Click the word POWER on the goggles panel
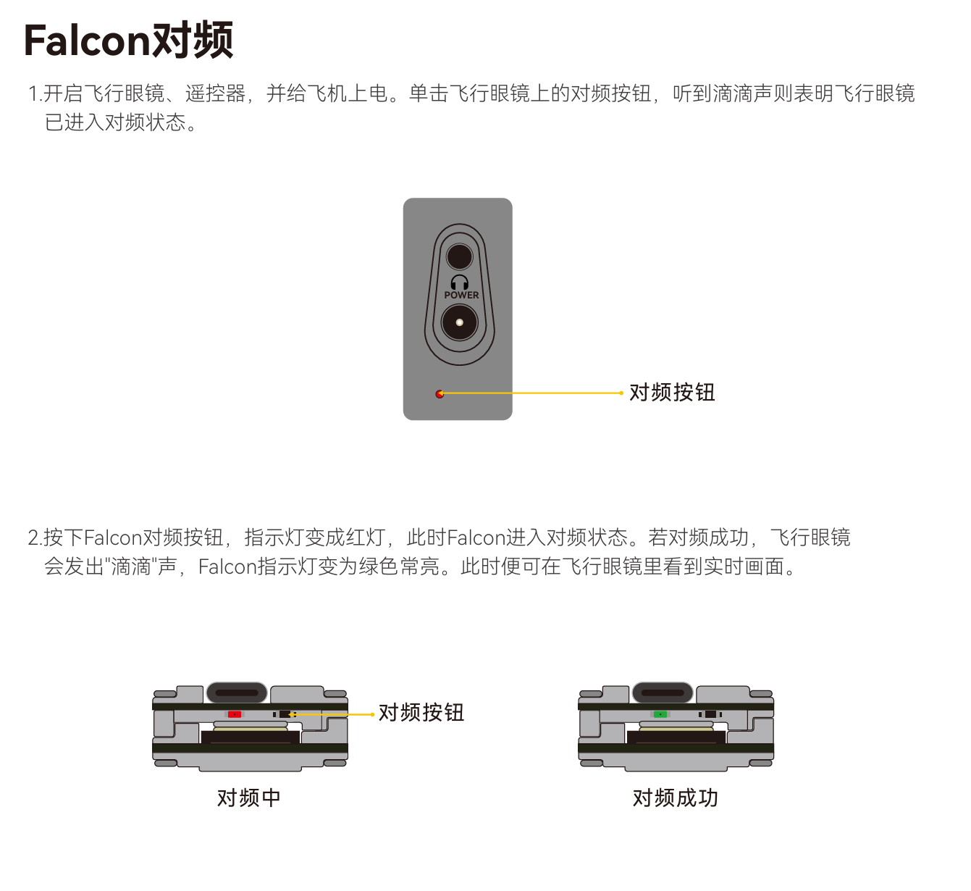pyautogui.click(x=461, y=295)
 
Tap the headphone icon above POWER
pyautogui.click(x=459, y=283)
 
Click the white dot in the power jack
pyautogui.click(x=459, y=322)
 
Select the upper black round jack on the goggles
pyautogui.click(x=459, y=256)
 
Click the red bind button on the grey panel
pyautogui.click(x=440, y=393)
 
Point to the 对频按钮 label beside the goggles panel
pyautogui.click(x=672, y=392)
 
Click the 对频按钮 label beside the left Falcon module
pyautogui.click(x=421, y=712)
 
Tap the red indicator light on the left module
pyautogui.click(x=235, y=714)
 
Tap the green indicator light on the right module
pyautogui.click(x=660, y=714)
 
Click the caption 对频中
pyautogui.click(x=249, y=798)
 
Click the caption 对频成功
pyautogui.click(x=676, y=798)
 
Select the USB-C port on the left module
pyautogui.click(x=237, y=693)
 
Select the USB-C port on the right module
pyautogui.click(x=663, y=693)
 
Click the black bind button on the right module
pyautogui.click(x=710, y=714)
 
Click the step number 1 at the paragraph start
pyautogui.click(x=33, y=94)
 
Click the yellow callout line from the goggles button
pyautogui.click(x=531, y=393)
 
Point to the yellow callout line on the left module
pyautogui.click(x=332, y=714)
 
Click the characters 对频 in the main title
pyautogui.click(x=193, y=41)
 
